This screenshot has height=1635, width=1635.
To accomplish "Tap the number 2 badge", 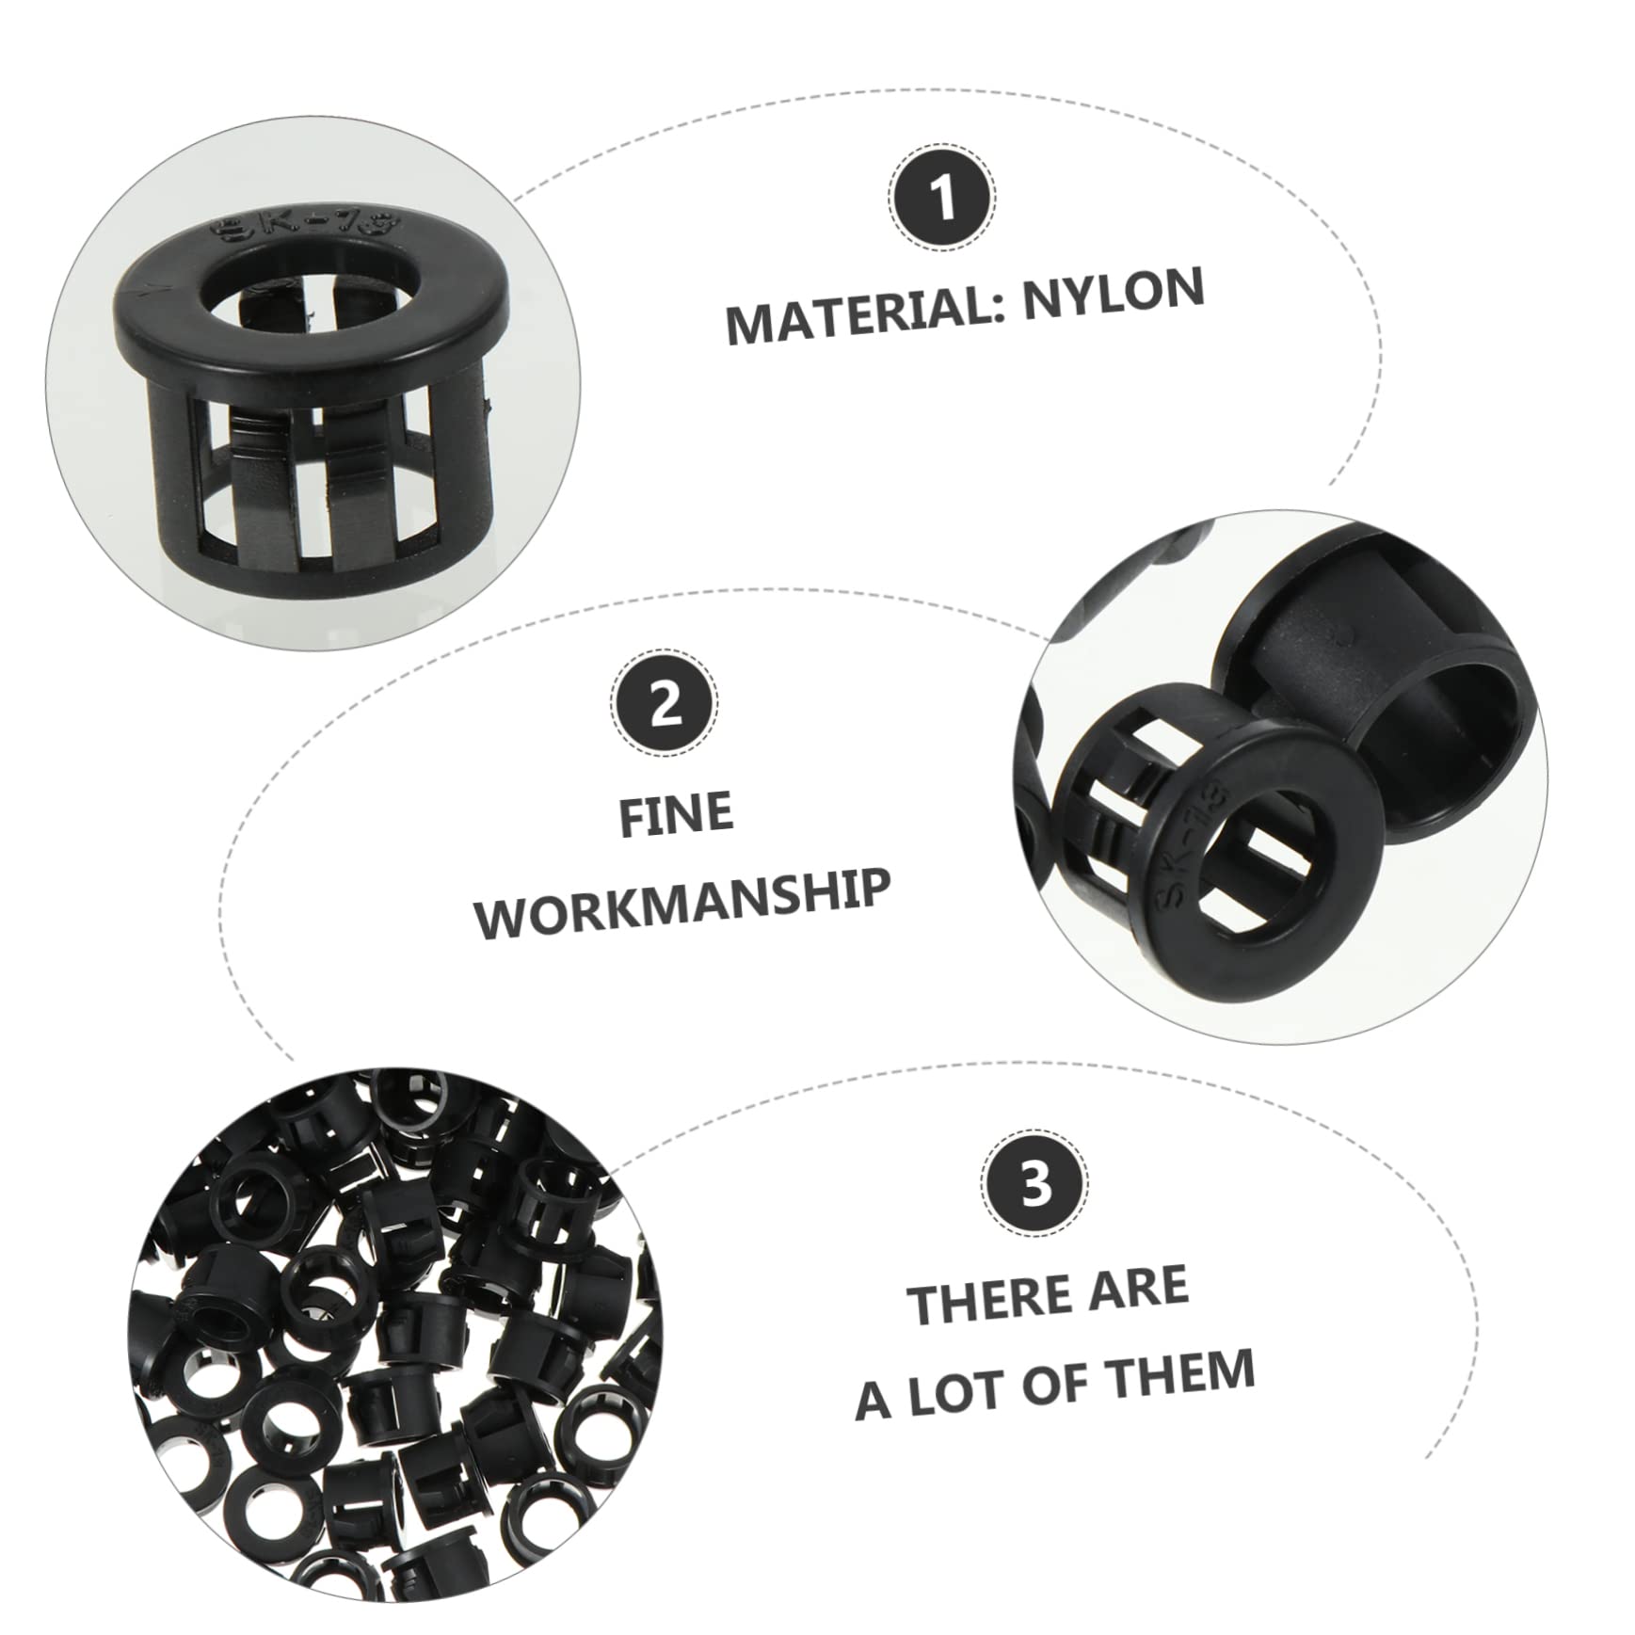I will [665, 703].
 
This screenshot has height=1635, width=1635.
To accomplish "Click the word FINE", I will [676, 814].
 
